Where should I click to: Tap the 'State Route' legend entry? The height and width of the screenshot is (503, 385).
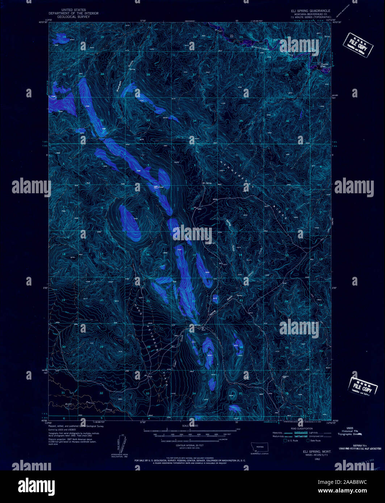tap(314, 441)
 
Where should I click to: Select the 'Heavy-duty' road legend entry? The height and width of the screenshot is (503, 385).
tap(278, 433)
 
